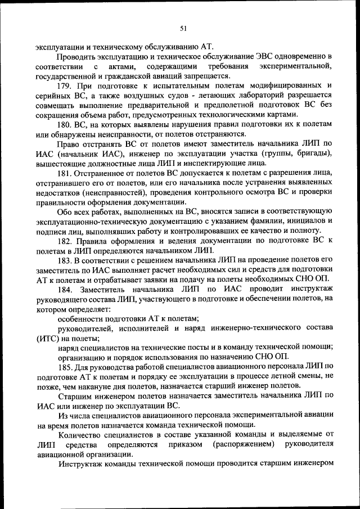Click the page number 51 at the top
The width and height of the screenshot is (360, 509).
coord(183,28)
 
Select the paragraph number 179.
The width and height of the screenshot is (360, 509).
coord(65,85)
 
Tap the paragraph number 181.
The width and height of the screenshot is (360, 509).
coord(65,173)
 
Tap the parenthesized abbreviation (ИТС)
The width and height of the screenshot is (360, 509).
coord(47,338)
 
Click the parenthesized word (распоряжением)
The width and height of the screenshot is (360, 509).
coord(247,444)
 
